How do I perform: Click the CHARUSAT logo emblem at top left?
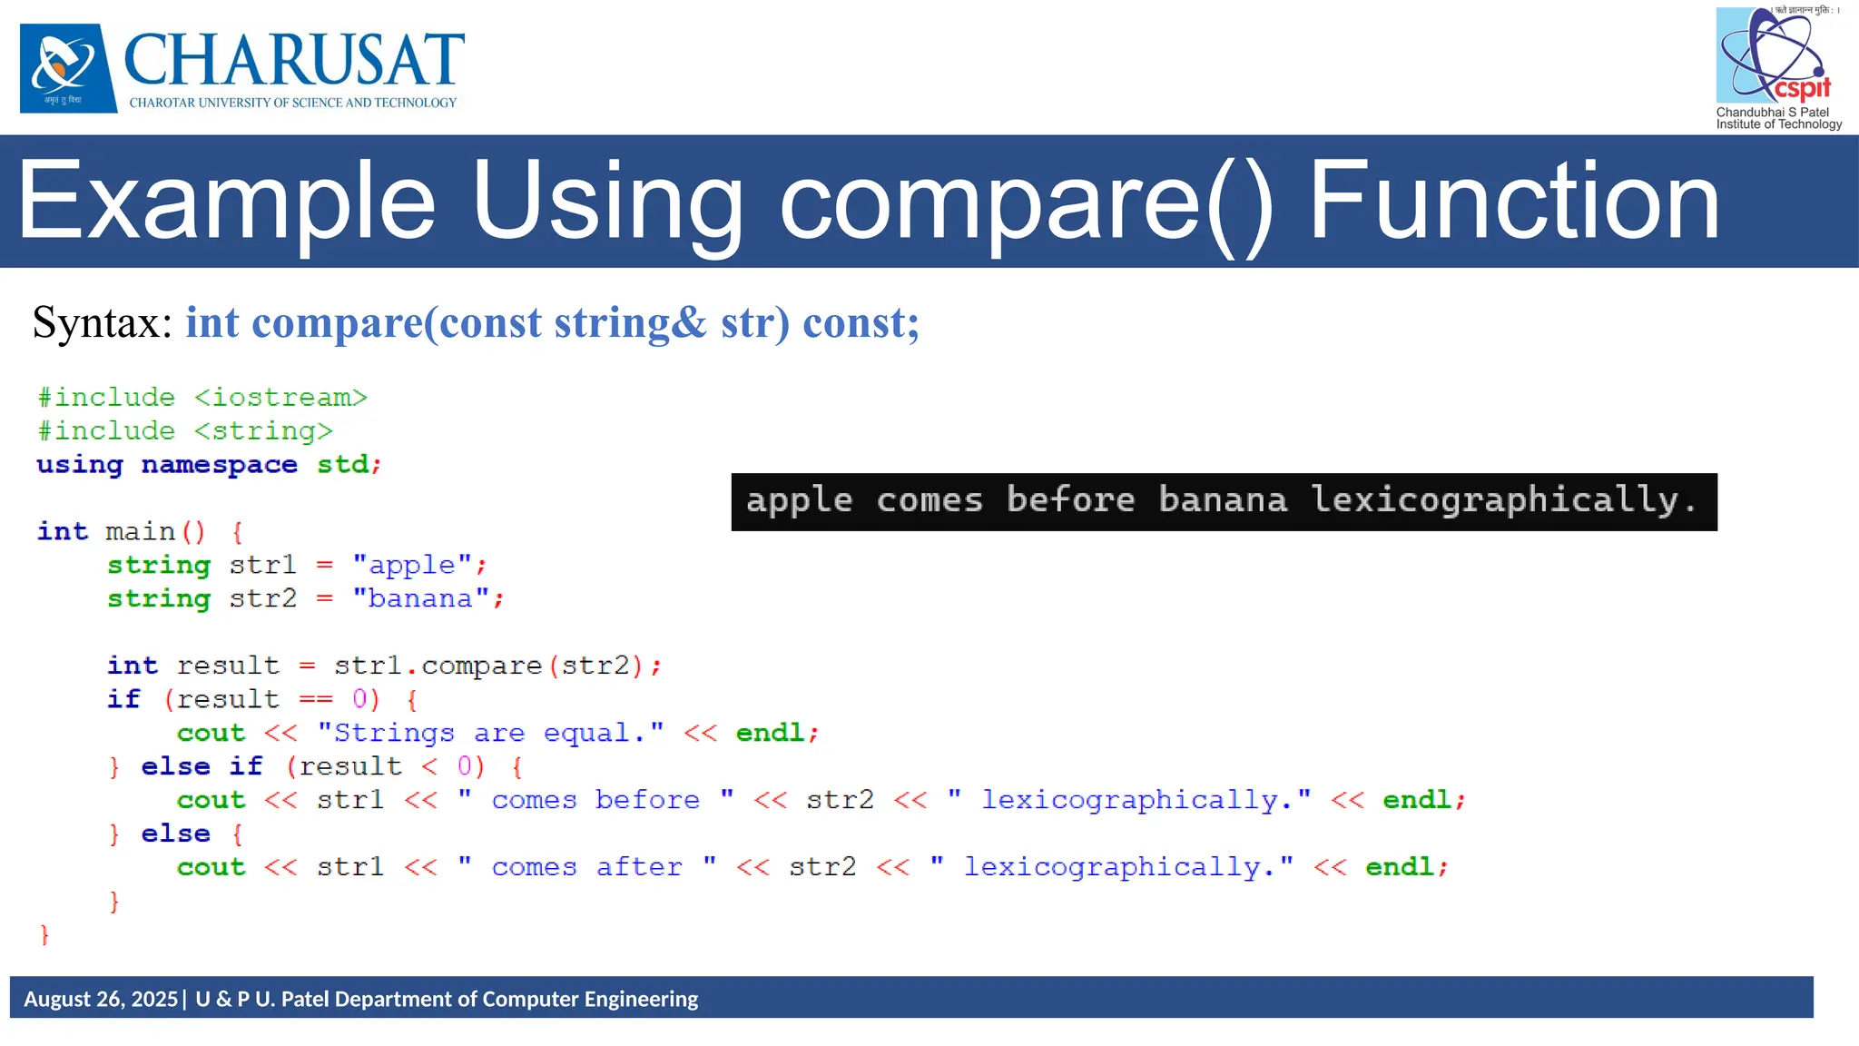[68, 68]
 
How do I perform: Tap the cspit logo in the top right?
[1775, 56]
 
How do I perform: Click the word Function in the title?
[1513, 202]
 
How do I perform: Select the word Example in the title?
[227, 202]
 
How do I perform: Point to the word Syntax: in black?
[103, 323]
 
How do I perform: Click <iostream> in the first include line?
[280, 398]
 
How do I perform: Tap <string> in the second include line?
[263, 431]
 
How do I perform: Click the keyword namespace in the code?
[219, 465]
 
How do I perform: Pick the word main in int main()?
[140, 532]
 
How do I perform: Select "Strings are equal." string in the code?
[490, 734]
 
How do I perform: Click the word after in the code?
[638, 868]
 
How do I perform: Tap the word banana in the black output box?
[1222, 501]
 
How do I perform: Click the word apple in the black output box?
[799, 501]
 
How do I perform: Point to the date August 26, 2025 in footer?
[101, 999]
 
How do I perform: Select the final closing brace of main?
[44, 934]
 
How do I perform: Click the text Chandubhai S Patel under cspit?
[1772, 113]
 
